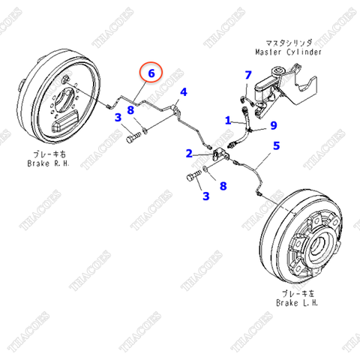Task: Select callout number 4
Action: click(183, 93)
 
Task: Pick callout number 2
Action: click(189, 153)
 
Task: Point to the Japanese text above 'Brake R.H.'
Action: click(48, 153)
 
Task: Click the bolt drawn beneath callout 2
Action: click(192, 178)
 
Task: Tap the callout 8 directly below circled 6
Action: click(130, 110)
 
